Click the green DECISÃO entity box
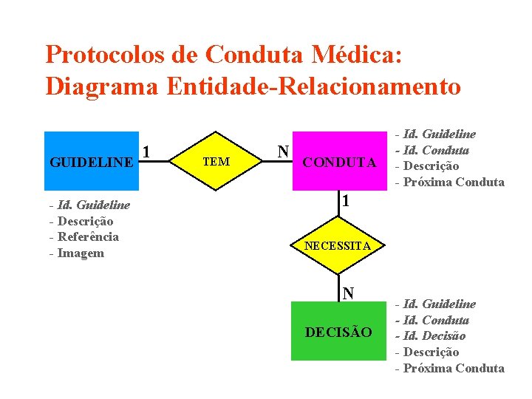339,332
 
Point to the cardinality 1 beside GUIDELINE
147,152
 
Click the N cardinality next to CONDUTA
283,151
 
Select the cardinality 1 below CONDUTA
345,201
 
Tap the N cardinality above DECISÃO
347,293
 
